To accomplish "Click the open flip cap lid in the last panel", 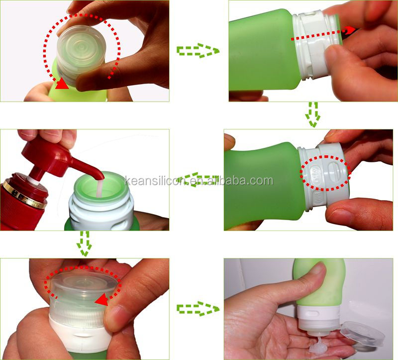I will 364,332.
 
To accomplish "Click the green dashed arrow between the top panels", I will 198,50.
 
